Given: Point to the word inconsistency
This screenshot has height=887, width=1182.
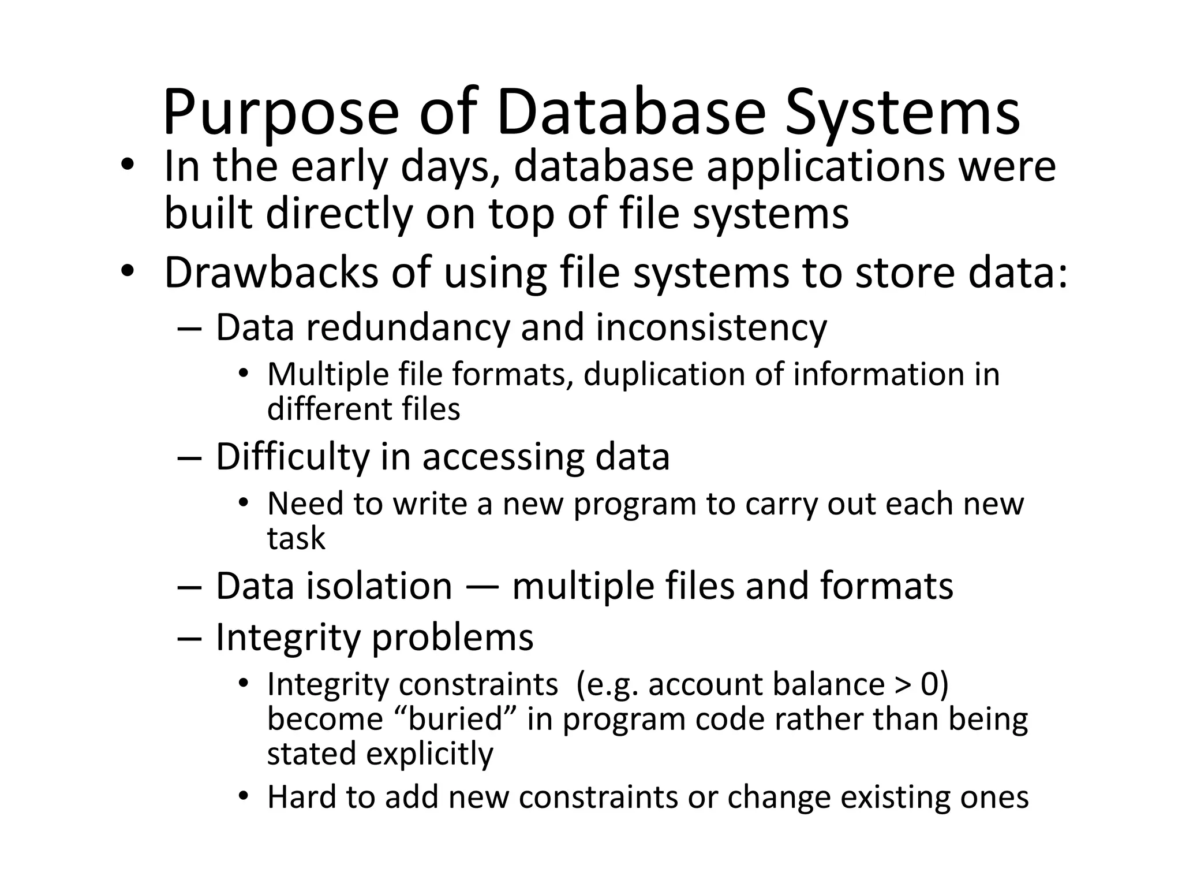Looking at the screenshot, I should pyautogui.click(x=711, y=328).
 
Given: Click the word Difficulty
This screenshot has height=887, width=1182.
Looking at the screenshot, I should pyautogui.click(x=292, y=457).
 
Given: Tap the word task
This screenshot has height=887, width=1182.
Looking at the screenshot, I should pyautogui.click(x=296, y=538).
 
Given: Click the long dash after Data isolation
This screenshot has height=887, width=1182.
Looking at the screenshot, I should pyautogui.click(x=481, y=587).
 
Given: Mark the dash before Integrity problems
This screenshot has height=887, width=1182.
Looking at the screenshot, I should pyautogui.click(x=190, y=639).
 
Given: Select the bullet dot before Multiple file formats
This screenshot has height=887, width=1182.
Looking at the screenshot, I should pyautogui.click(x=243, y=374).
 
